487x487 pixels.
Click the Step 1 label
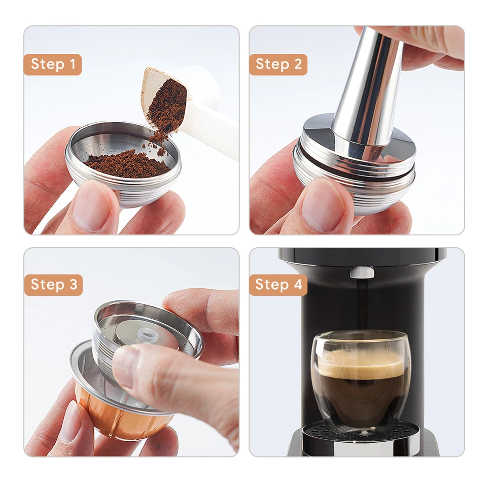(53, 64)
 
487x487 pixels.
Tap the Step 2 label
(278, 64)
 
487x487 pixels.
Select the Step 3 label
(53, 285)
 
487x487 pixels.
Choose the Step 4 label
(278, 285)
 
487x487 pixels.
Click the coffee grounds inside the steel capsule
(127, 163)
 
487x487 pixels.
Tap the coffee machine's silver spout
(362, 272)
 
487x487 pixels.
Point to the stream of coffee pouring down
(361, 304)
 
